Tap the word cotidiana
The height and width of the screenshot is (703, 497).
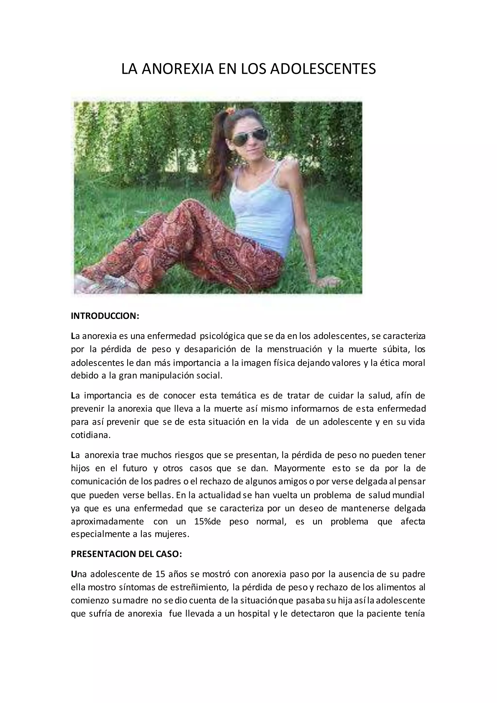coord(90,435)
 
